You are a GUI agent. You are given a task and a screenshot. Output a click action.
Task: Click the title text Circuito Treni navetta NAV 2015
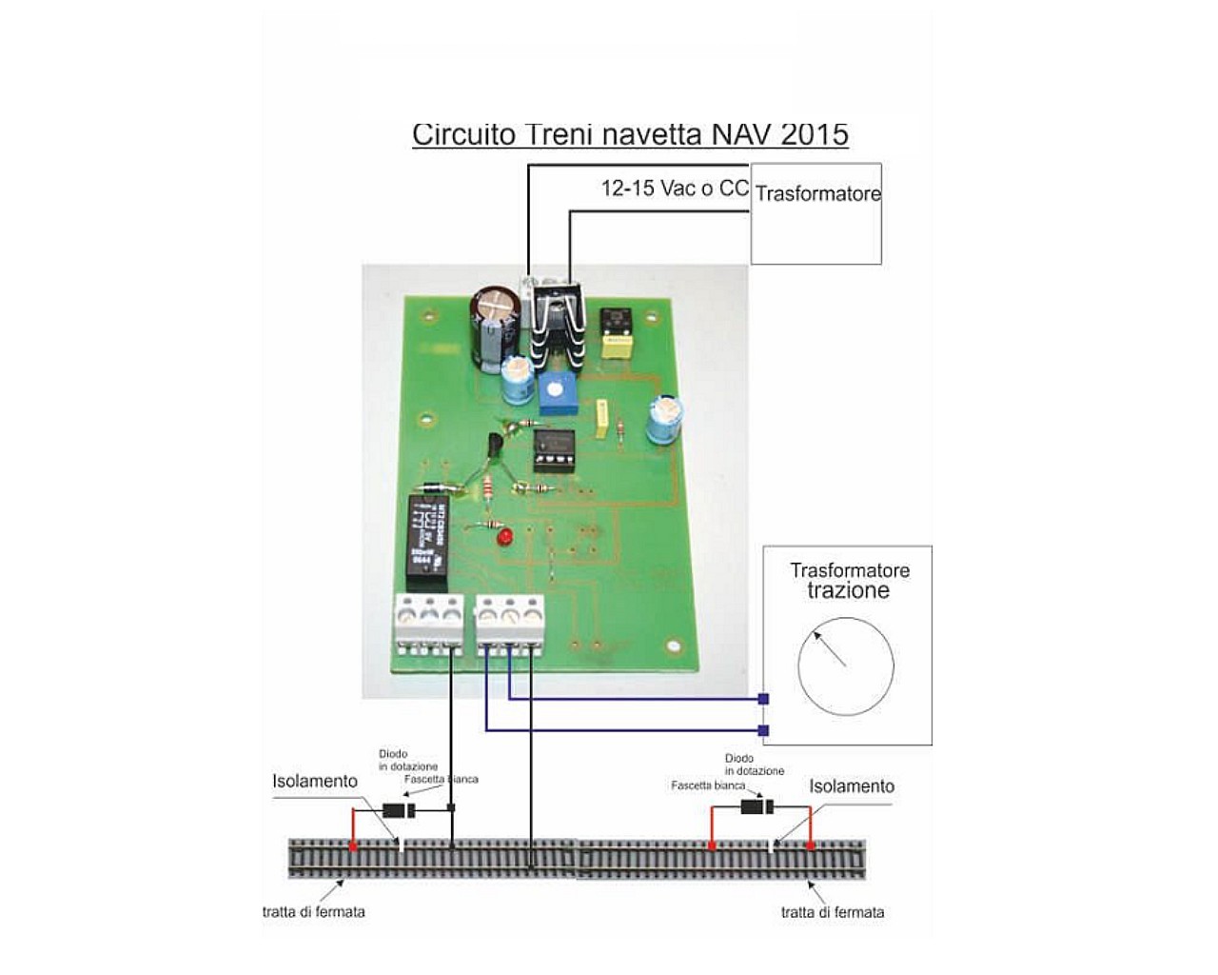point(629,134)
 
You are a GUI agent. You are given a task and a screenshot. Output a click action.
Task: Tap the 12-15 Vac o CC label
point(675,189)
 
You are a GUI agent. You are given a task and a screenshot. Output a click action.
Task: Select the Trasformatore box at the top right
point(816,213)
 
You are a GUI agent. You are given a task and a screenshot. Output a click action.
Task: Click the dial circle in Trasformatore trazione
point(845,666)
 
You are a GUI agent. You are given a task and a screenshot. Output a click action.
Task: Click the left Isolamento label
point(315,782)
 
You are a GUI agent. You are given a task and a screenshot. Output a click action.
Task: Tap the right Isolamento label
point(852,786)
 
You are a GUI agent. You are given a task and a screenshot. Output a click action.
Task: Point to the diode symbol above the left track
point(398,811)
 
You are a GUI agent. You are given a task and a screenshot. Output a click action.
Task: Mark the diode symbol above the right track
point(757,807)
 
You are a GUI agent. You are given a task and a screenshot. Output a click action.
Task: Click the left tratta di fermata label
point(314,911)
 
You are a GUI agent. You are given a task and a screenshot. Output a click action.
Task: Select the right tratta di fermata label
point(833,912)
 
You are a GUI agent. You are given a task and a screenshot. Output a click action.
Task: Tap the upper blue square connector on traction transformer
point(763,699)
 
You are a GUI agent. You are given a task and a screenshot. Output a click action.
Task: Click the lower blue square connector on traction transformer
point(763,730)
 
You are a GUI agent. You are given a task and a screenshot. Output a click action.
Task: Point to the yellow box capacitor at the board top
point(617,347)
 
